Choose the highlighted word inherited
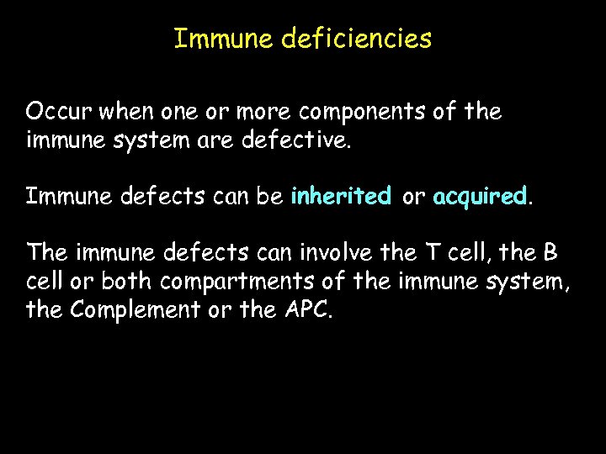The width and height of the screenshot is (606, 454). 341,197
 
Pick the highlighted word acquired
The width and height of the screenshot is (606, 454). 479,197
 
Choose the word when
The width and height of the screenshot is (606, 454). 121,112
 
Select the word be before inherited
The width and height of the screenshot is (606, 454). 268,197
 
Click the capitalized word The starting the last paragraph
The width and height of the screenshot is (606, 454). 46,253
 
